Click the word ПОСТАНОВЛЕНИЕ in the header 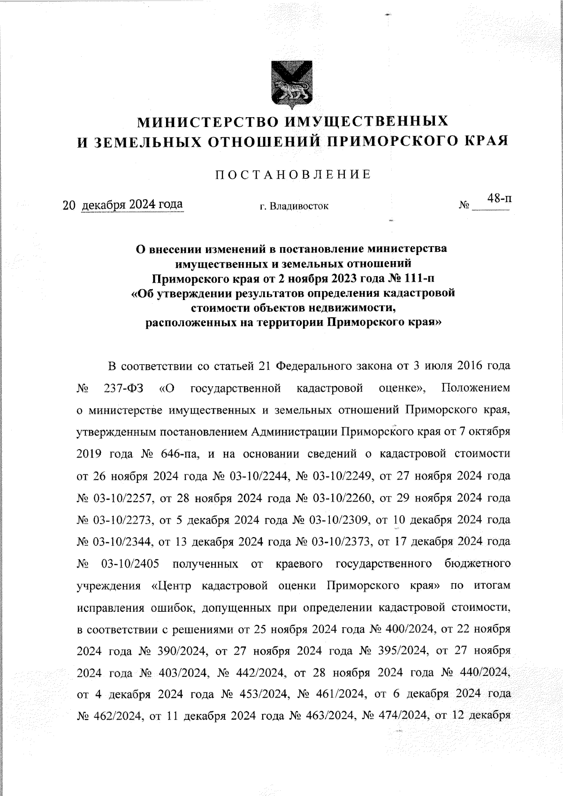(x=293, y=175)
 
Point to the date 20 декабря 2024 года (x=123, y=205)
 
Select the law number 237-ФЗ (x=124, y=388)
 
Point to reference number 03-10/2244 (x=257, y=476)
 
